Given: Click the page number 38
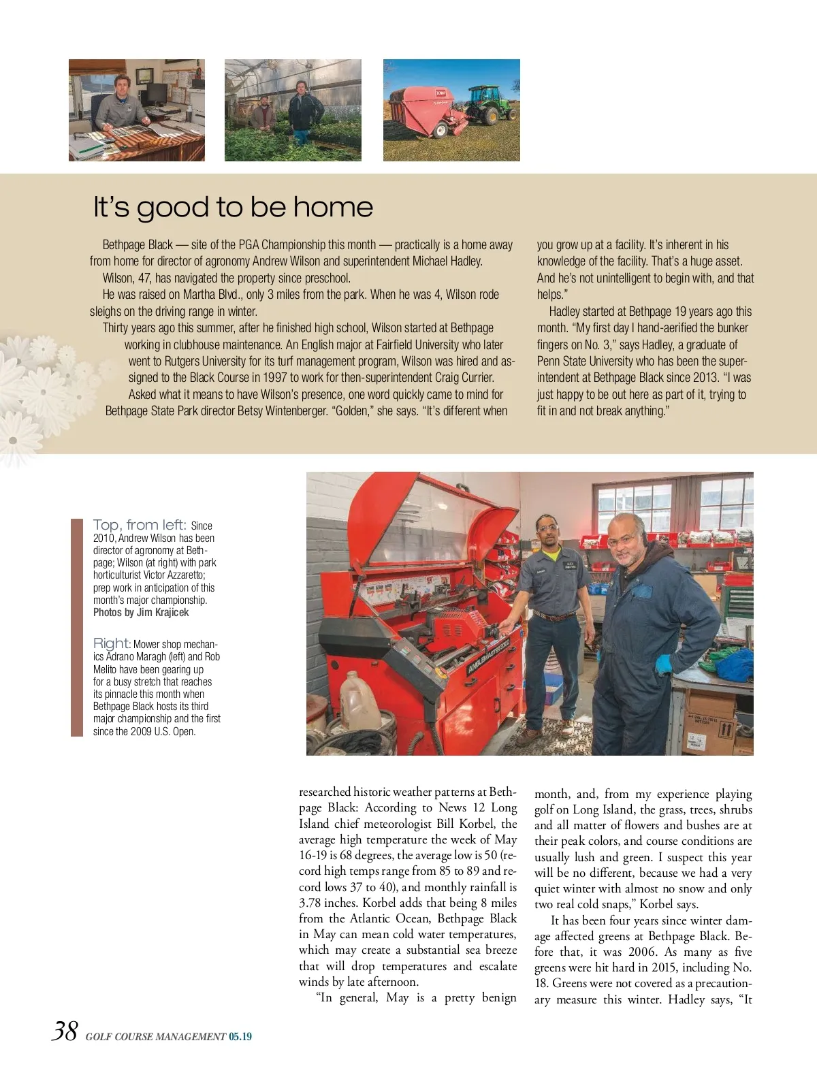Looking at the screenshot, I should coord(65,1031).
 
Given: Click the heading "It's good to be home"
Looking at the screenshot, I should coord(233,207).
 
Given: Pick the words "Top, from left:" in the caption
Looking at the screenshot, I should coord(140,525).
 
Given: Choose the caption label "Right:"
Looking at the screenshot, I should coord(112,643).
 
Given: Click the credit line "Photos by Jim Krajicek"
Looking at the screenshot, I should coord(141,612).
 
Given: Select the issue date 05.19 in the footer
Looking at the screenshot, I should coord(240,1037).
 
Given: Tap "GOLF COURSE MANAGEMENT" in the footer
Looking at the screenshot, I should coord(155,1037).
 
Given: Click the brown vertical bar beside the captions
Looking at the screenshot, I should coord(76,627).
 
